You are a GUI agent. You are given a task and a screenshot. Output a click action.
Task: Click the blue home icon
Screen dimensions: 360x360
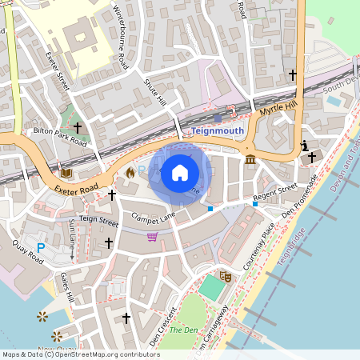coord(180,171)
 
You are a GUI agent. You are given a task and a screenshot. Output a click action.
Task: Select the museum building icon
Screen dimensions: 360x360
coord(250,160)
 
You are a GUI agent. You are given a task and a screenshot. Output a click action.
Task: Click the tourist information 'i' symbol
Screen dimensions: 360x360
coord(304,146)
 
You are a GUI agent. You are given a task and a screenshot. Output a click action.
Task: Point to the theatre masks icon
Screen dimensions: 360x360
coord(226,276)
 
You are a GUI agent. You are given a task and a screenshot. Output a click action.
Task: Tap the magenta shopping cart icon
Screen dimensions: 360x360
coord(152,236)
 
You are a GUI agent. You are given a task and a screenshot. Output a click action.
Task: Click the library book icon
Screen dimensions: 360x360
coord(66,172)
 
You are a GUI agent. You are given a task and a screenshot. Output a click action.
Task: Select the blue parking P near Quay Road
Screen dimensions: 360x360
coord(41,249)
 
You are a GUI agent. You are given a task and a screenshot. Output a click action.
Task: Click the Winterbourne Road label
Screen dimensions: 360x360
coord(121,39)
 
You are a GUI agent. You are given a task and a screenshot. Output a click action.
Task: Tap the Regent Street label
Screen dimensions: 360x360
coord(274,191)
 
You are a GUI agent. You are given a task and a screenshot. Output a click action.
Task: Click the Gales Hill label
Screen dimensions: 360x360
coord(67,287)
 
